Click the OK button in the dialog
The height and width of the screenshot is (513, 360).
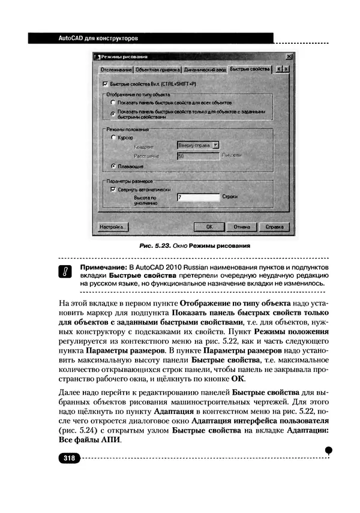[x=209, y=227]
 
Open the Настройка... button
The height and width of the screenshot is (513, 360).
[x=112, y=227]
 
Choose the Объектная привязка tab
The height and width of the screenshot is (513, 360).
[x=158, y=70]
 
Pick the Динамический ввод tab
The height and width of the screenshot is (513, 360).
[x=205, y=70]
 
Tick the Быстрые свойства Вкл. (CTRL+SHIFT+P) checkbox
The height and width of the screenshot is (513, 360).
[x=106, y=85]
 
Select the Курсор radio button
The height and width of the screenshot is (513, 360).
[x=113, y=137]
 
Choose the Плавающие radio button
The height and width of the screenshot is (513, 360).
[x=113, y=165]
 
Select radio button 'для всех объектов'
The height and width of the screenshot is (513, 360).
[x=113, y=103]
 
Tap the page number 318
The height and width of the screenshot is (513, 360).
[x=68, y=458]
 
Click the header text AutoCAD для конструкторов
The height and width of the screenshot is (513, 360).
[x=98, y=38]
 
